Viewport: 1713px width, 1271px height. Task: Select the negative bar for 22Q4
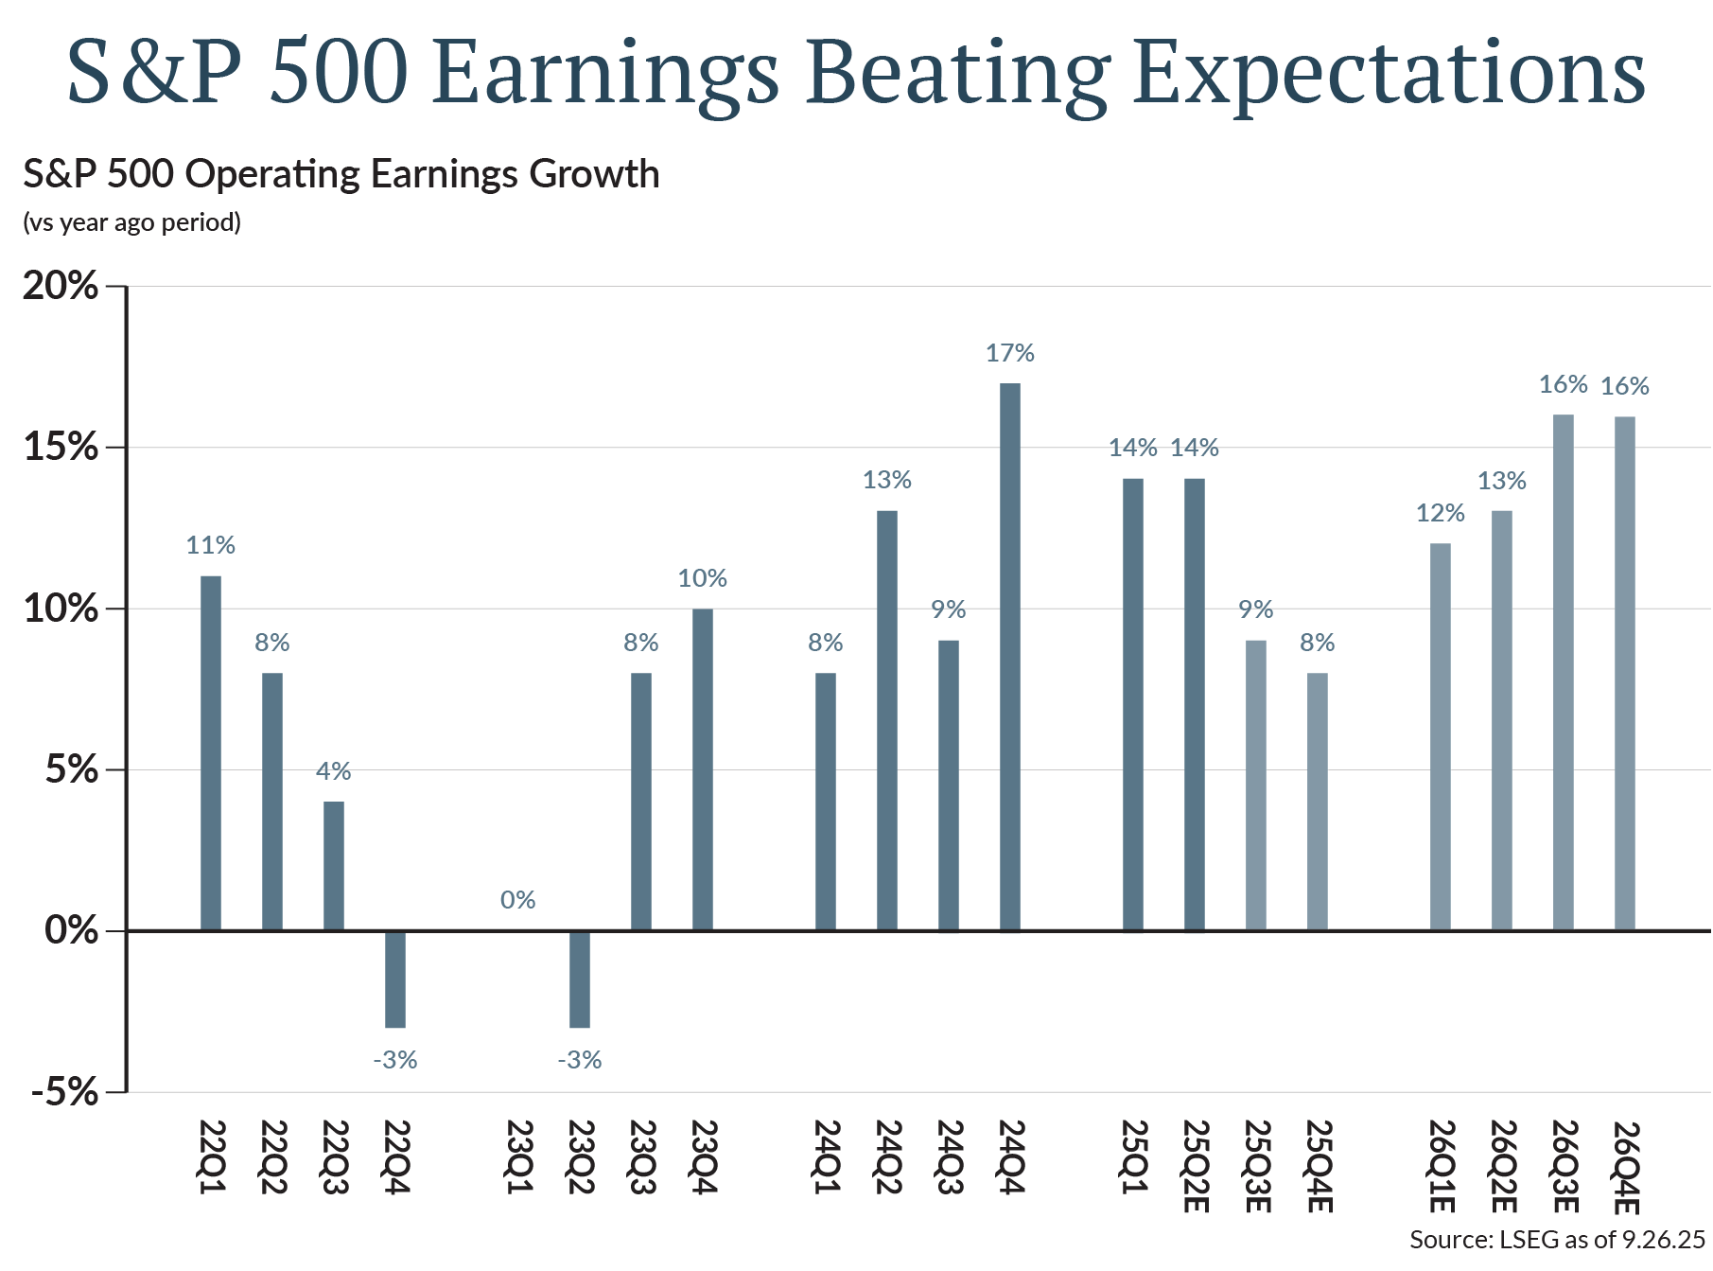[x=395, y=980]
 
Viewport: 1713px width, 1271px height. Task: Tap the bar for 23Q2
[x=580, y=980]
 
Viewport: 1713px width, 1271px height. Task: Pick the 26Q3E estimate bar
[x=1563, y=673]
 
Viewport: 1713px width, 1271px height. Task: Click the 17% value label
[x=1009, y=354]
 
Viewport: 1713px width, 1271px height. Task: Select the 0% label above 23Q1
[x=518, y=900]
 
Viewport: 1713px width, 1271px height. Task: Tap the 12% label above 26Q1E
[x=1440, y=514]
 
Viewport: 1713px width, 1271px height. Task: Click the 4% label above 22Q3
[x=334, y=772]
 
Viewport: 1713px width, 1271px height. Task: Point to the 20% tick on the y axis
[x=61, y=286]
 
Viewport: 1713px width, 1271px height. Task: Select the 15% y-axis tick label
[x=61, y=448]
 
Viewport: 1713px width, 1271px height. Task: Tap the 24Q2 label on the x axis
[x=887, y=1156]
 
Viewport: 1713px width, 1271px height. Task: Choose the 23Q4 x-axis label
[x=703, y=1156]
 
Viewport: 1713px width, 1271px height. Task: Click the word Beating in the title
[x=956, y=74]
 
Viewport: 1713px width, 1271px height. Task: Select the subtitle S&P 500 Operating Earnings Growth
[x=341, y=175]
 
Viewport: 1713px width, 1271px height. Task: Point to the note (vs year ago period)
[x=131, y=222]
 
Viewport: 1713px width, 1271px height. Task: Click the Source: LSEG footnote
[x=1556, y=1240]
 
